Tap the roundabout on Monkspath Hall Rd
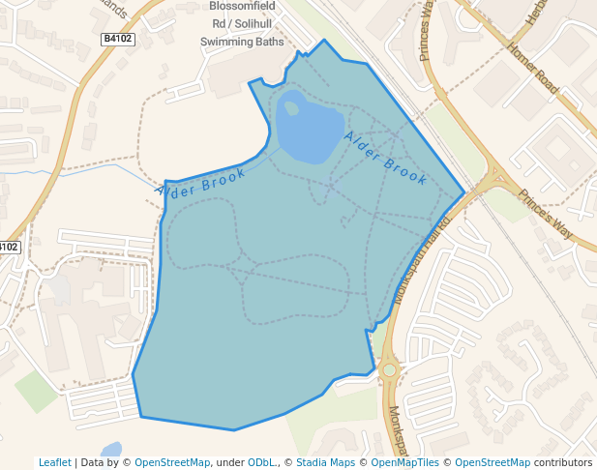[x=389, y=369]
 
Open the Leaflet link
[x=54, y=462]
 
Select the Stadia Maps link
[x=324, y=462]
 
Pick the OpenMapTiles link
[x=404, y=462]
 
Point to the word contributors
[x=563, y=462]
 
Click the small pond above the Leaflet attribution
[x=111, y=450]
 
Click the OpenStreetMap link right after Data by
[x=171, y=462]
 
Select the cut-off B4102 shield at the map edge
[x=8, y=248]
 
